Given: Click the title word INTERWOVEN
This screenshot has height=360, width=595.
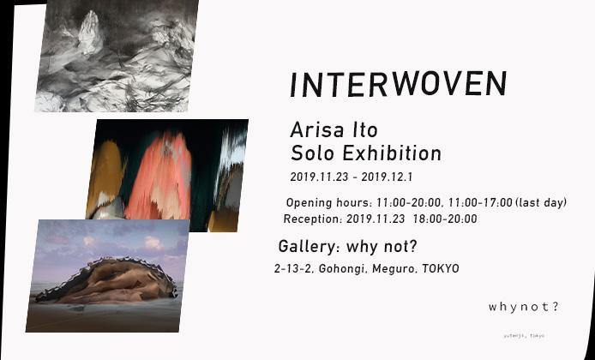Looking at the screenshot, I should (399, 84).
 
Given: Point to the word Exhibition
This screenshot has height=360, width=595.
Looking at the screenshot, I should (395, 154).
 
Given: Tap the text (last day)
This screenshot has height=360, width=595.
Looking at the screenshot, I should (542, 203).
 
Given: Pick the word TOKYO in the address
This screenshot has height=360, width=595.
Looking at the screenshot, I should (441, 269).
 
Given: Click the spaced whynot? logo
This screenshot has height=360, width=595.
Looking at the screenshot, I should (523, 307).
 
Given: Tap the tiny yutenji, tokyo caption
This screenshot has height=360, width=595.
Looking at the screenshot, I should (524, 335).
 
